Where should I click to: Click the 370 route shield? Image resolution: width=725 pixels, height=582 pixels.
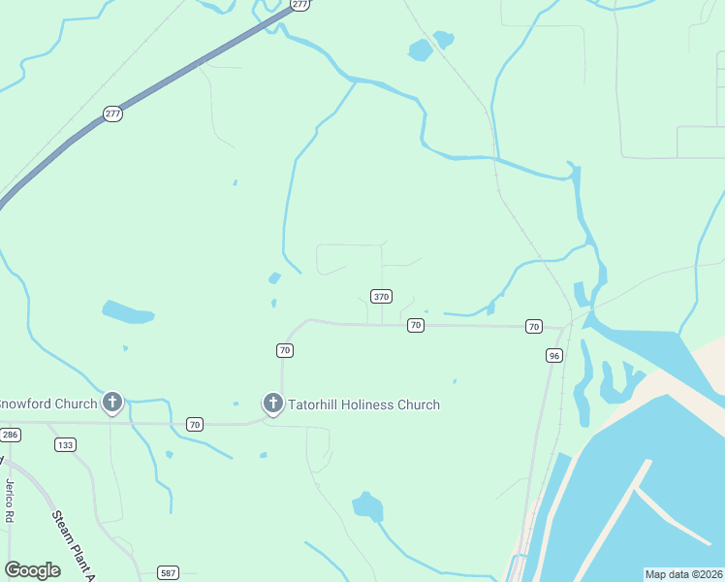click(381, 296)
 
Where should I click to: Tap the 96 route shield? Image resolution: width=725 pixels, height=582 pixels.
click(553, 356)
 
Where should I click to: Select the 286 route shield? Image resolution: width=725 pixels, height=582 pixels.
click(10, 435)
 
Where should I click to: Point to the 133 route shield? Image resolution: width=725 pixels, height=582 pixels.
click(65, 445)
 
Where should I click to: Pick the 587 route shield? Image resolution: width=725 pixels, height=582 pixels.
click(169, 572)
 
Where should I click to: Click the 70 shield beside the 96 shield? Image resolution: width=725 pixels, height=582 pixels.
click(533, 326)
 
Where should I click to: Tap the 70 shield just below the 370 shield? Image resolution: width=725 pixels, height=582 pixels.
click(415, 325)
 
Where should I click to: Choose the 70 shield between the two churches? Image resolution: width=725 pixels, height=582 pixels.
click(195, 424)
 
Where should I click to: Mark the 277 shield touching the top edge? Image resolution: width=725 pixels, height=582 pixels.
click(299, 5)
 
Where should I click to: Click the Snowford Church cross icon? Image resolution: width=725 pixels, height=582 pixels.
click(112, 401)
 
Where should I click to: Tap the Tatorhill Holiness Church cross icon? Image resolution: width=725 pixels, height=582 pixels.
click(273, 402)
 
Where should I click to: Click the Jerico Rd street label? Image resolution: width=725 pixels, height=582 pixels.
click(12, 501)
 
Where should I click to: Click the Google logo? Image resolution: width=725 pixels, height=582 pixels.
click(32, 570)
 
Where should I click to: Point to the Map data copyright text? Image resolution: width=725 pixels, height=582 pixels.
click(683, 574)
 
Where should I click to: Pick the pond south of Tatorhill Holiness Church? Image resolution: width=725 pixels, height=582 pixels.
click(367, 506)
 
